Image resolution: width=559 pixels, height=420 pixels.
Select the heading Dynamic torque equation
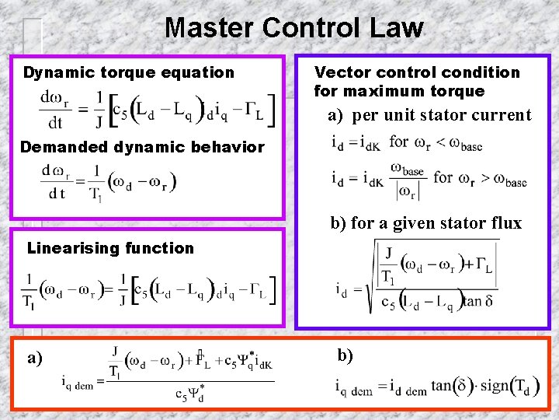(x=128, y=72)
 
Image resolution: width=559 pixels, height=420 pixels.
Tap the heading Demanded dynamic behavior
(x=142, y=146)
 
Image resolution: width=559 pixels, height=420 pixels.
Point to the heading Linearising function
(x=110, y=248)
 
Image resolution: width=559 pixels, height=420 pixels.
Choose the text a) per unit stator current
(x=429, y=116)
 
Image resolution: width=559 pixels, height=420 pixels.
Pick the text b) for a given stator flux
(x=426, y=224)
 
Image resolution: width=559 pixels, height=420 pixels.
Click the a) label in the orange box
(x=35, y=359)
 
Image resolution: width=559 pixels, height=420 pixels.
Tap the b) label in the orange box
(x=345, y=355)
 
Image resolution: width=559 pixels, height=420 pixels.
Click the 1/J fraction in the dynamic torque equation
(x=99, y=110)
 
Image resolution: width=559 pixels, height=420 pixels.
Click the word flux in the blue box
(x=505, y=224)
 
